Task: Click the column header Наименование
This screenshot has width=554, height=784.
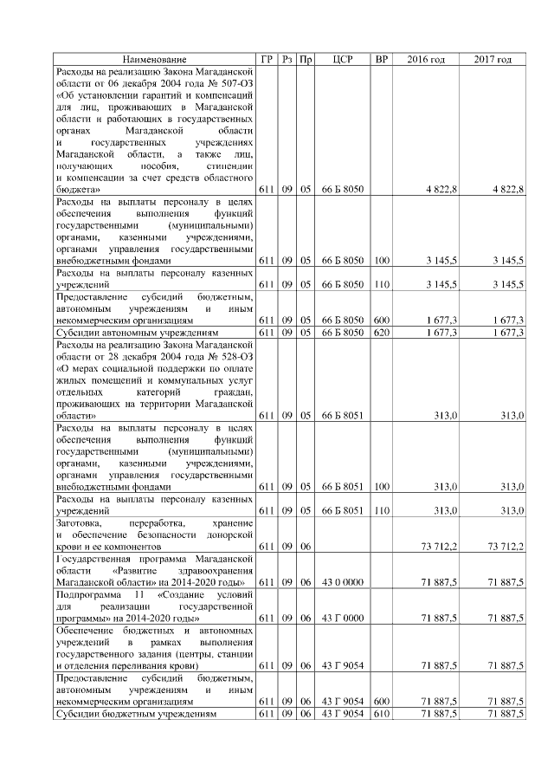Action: click(154, 59)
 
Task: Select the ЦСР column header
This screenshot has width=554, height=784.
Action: click(342, 59)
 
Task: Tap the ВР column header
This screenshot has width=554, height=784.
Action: click(381, 59)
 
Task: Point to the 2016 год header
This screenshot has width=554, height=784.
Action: click(426, 59)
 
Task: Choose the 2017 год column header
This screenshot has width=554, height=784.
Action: click(493, 59)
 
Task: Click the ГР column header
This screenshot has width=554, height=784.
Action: click(267, 59)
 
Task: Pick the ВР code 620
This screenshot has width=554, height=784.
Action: click(382, 333)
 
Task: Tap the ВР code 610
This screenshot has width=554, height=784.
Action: click(382, 713)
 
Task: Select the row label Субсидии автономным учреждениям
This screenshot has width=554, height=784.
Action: click(134, 333)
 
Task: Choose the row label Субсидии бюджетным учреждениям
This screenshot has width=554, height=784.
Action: click(134, 713)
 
